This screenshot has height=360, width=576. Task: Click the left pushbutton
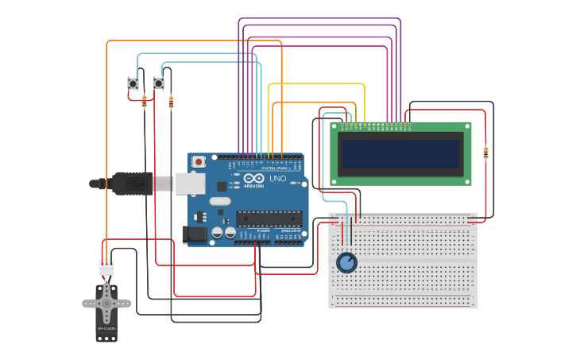click(133, 83)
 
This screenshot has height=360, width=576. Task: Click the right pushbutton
click(158, 83)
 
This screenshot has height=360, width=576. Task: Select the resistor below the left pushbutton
click(144, 101)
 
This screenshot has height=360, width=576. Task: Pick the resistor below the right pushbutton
click(171, 102)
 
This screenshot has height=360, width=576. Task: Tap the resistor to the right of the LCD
click(485, 153)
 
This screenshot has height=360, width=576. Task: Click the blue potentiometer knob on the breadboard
click(346, 262)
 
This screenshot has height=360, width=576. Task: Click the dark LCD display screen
click(400, 154)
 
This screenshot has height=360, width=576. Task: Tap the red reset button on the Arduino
click(198, 161)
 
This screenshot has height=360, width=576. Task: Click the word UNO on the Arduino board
click(278, 179)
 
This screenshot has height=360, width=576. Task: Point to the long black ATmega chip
click(269, 219)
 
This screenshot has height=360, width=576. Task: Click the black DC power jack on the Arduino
click(194, 234)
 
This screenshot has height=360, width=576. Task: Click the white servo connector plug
click(106, 268)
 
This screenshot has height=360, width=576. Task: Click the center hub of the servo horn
click(106, 303)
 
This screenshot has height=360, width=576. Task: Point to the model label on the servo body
click(106, 327)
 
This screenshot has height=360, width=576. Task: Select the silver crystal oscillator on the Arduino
click(219, 201)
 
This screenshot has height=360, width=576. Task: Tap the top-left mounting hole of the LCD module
click(334, 126)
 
